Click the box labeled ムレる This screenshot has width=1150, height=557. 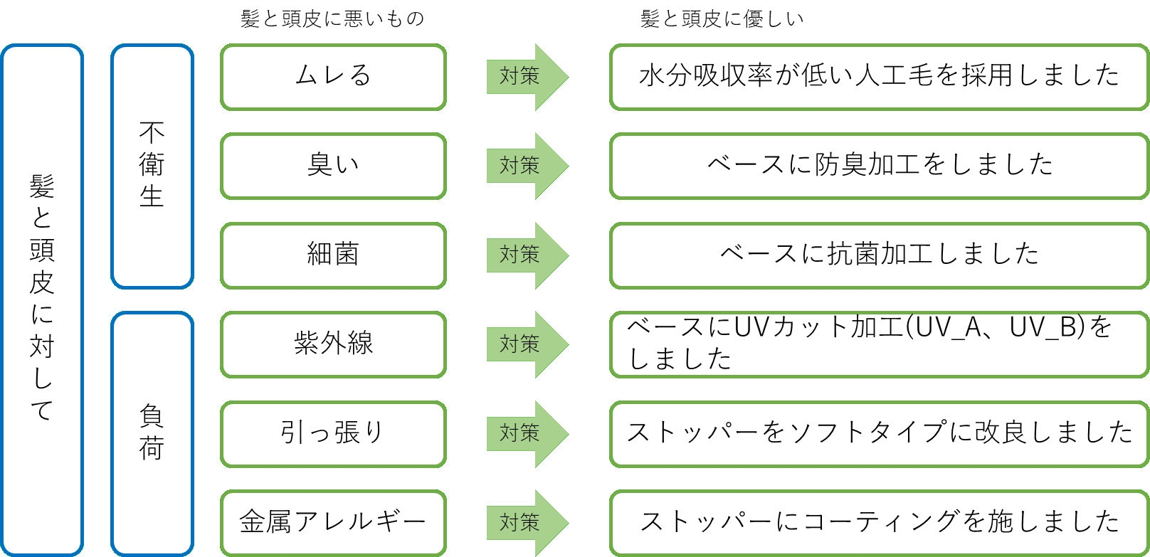(333, 77)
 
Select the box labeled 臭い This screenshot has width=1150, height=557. (333, 166)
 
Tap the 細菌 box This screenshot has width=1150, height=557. (333, 255)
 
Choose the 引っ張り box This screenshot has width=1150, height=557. (333, 433)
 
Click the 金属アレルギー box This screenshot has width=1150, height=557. (333, 522)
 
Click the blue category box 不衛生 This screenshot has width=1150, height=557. (152, 166)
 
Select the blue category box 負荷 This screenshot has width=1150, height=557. (152, 433)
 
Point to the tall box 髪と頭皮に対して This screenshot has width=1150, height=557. (42, 299)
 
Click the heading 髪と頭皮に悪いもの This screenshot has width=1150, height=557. (332, 18)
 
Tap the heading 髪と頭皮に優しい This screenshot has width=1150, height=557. (722, 18)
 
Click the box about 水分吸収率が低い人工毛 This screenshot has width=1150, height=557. (879, 77)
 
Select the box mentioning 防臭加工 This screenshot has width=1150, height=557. (879, 166)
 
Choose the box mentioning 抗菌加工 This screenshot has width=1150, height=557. (879, 255)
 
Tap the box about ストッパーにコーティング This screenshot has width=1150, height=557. (879, 522)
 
